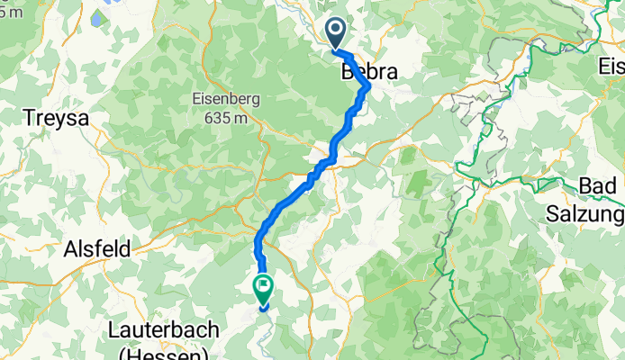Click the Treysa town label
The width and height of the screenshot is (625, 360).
(54, 117)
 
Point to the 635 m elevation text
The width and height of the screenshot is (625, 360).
(225, 118)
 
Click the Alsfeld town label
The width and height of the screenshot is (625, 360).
(96, 248)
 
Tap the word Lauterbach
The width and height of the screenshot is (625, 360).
(163, 329)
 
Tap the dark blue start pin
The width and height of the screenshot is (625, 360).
(335, 33)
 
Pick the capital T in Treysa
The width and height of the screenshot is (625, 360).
(27, 117)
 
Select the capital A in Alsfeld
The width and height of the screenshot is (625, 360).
(69, 248)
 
